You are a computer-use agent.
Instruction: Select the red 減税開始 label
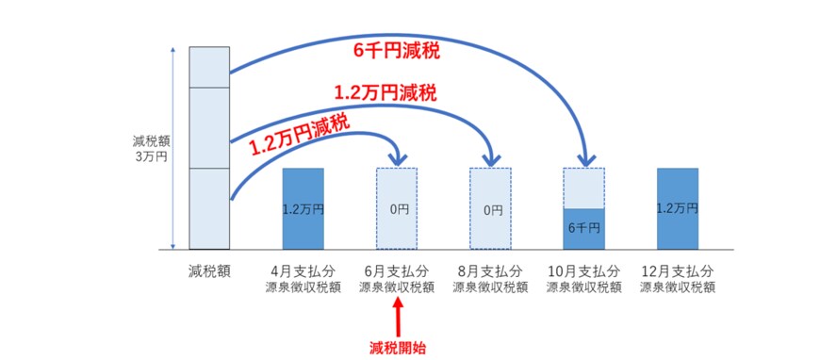(397, 347)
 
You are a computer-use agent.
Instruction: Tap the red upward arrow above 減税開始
(397, 315)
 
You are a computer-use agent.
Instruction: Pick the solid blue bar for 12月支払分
(677, 208)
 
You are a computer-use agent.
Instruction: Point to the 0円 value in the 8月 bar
(490, 209)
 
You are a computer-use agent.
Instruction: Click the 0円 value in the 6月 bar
(397, 209)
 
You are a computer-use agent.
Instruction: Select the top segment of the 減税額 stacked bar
(208, 67)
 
